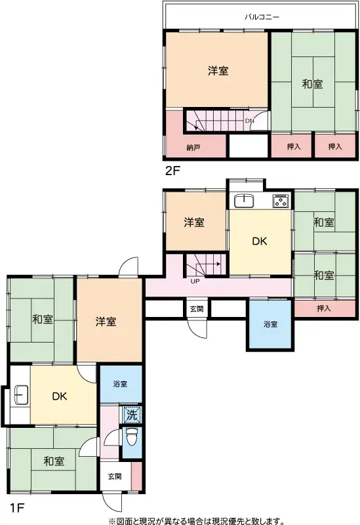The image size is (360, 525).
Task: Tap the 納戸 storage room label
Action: pyautogui.click(x=193, y=147)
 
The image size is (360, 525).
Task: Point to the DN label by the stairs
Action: pyautogui.click(x=250, y=121)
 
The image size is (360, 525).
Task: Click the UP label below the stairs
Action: pyautogui.click(x=195, y=282)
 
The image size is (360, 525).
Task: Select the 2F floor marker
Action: pyautogui.click(x=172, y=171)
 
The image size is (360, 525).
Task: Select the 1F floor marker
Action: pyautogui.click(x=17, y=507)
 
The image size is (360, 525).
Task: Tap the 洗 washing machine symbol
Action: pyautogui.click(x=131, y=415)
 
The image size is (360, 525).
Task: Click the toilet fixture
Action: pyautogui.click(x=131, y=436)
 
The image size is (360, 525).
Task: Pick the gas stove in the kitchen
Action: pyautogui.click(x=280, y=200)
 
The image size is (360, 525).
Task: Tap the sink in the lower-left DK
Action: pyautogui.click(x=20, y=396)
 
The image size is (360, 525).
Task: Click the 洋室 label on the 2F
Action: pyautogui.click(x=218, y=72)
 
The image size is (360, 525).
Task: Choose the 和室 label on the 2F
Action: pyautogui.click(x=312, y=84)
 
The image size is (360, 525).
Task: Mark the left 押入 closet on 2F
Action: pyautogui.click(x=293, y=146)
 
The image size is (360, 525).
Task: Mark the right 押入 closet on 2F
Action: pyautogui.click(x=335, y=146)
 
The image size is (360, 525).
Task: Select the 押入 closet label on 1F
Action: pyautogui.click(x=324, y=308)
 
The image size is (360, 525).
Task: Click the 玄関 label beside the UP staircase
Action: pyautogui.click(x=196, y=308)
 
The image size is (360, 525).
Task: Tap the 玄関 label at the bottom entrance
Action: pyautogui.click(x=114, y=476)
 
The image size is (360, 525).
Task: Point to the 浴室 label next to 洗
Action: pyautogui.click(x=119, y=384)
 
